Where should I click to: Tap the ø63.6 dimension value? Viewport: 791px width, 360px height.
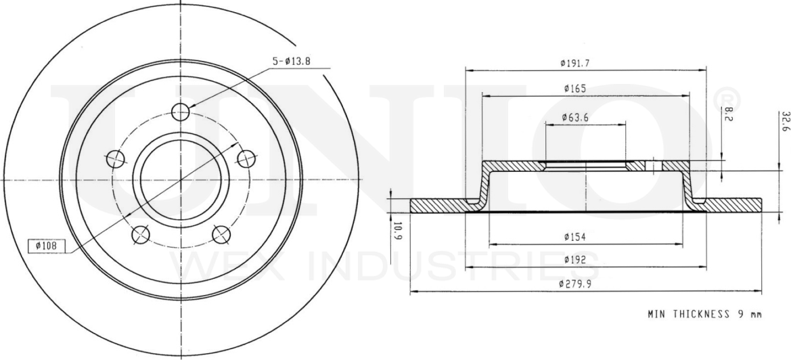(575, 118)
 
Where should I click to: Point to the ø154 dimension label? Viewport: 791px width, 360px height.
(574, 236)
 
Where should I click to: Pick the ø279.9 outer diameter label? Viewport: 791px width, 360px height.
(576, 284)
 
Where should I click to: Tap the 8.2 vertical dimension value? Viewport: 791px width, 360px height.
(728, 114)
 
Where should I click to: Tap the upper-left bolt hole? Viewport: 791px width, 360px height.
(116, 159)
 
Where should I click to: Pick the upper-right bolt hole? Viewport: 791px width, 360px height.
(246, 159)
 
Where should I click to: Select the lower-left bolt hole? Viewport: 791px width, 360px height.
(141, 234)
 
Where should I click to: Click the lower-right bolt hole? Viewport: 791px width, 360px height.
(221, 234)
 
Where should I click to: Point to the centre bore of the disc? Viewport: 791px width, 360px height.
(181, 180)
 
